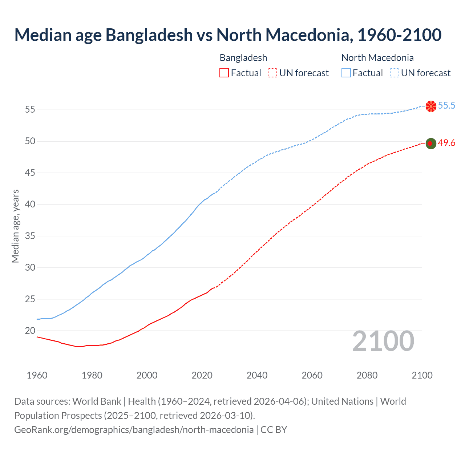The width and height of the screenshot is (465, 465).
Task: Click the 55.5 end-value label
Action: tap(446, 106)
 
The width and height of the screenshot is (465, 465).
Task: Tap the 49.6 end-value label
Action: tap(446, 143)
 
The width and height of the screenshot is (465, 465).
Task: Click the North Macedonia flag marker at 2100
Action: tap(431, 106)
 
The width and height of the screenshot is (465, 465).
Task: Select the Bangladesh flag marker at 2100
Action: tap(431, 143)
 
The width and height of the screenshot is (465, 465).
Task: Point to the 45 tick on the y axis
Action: tap(30, 173)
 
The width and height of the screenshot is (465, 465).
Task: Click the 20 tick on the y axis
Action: tap(30, 331)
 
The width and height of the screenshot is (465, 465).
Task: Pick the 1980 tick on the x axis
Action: tap(92, 375)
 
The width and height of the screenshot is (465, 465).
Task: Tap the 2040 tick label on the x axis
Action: tap(257, 375)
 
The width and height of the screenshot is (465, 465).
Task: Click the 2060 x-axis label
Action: tap(312, 375)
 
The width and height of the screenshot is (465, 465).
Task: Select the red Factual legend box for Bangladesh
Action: tap(224, 73)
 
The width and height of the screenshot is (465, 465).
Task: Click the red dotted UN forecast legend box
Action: tap(272, 73)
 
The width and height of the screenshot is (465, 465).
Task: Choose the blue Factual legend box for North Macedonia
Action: tap(346, 73)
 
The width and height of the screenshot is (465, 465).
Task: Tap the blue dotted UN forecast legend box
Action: tap(394, 73)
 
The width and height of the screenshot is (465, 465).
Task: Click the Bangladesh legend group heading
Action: tap(243, 58)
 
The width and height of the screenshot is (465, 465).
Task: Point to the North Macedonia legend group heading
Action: tap(377, 58)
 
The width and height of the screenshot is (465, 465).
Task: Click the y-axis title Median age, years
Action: tap(15, 226)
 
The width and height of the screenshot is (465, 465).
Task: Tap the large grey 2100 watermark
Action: tap(383, 341)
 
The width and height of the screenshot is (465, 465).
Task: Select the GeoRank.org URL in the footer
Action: tap(134, 429)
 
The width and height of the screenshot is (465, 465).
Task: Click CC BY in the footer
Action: tap(274, 429)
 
